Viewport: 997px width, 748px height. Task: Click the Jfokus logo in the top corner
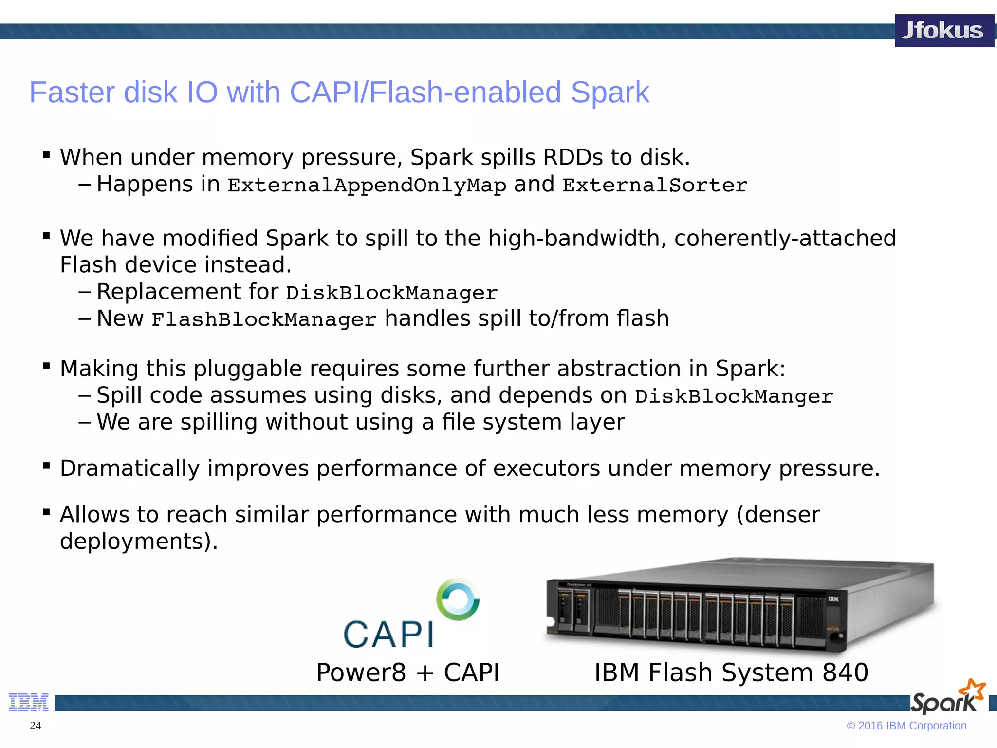(x=943, y=31)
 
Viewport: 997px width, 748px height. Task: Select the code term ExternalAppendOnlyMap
(x=367, y=186)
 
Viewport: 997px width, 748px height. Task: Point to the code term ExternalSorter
(x=654, y=186)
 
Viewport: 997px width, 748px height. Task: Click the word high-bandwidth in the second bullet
(x=576, y=239)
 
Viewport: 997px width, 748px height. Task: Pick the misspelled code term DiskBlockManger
(x=734, y=396)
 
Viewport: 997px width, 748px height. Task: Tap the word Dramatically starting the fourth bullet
(x=129, y=468)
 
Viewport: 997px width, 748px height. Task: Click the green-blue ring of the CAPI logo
(x=458, y=599)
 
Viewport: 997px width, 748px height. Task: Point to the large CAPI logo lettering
(x=388, y=635)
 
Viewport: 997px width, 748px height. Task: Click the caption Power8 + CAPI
(x=407, y=673)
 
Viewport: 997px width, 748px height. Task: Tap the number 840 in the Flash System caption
(x=845, y=673)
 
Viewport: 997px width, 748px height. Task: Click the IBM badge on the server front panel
(x=833, y=599)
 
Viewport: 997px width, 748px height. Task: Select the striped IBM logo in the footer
(x=29, y=702)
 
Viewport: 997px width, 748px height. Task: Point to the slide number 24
(x=36, y=726)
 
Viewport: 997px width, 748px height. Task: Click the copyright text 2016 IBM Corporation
(x=911, y=726)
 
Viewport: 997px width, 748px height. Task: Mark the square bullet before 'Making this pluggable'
(x=47, y=366)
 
